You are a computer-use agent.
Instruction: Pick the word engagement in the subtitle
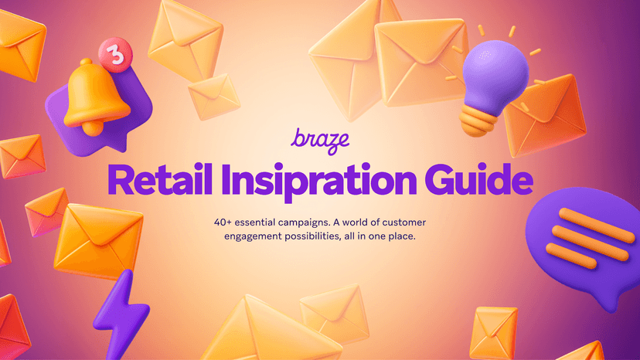coord(252,236)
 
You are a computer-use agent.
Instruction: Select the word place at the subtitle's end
coord(403,236)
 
